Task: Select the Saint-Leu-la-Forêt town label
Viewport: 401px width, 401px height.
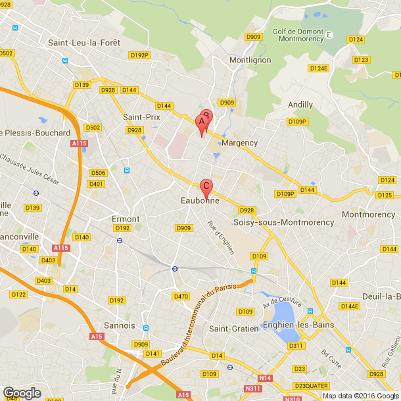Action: (x=83, y=43)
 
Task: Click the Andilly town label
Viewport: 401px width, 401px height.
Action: (x=300, y=105)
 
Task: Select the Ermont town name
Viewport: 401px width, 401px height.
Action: (x=126, y=219)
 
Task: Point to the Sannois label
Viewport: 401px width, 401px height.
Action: (x=120, y=325)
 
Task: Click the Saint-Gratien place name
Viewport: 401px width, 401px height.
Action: (x=231, y=328)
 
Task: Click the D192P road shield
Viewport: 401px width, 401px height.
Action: (x=140, y=55)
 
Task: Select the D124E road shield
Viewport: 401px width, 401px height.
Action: (x=318, y=68)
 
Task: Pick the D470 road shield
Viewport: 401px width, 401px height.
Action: (x=180, y=296)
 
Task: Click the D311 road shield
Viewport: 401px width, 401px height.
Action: (x=296, y=346)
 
